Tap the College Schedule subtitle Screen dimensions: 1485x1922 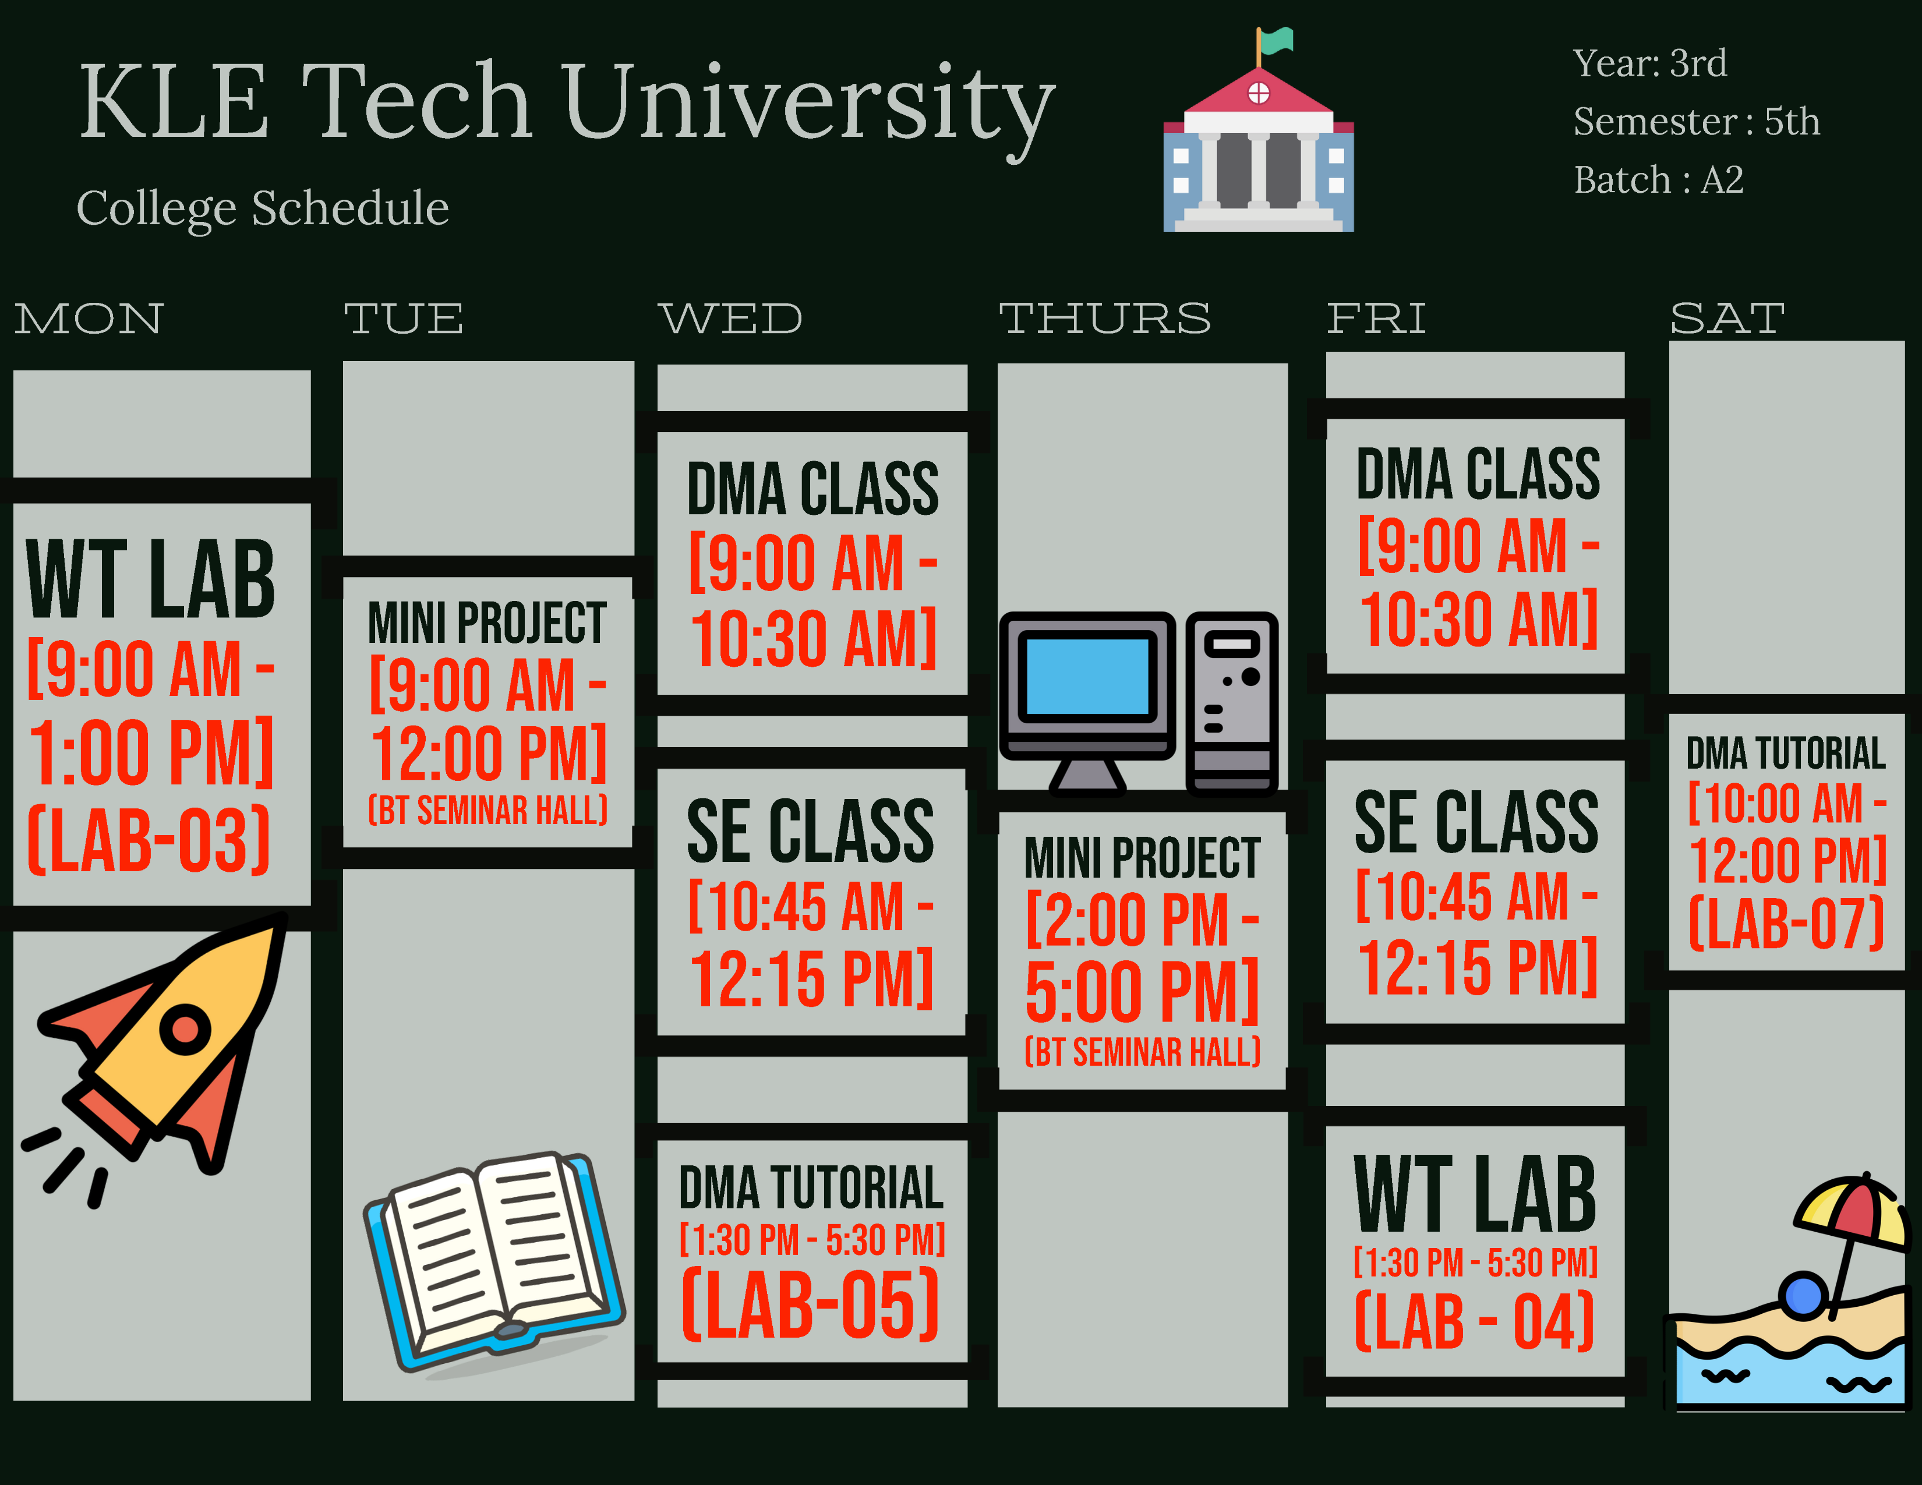[x=262, y=208]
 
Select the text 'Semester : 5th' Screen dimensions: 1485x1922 [x=1696, y=121]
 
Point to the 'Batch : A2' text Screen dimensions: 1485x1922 [x=1658, y=181]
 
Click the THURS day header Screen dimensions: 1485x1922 [x=1104, y=319]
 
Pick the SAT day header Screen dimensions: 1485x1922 [x=1727, y=319]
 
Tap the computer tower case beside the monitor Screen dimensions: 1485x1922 [x=1231, y=702]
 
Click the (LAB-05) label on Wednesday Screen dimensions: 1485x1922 [x=811, y=1304]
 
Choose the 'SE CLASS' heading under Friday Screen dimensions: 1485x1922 [x=1476, y=822]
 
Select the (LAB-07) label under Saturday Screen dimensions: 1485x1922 [x=1786, y=924]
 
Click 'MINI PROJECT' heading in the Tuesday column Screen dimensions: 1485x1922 [x=487, y=623]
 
